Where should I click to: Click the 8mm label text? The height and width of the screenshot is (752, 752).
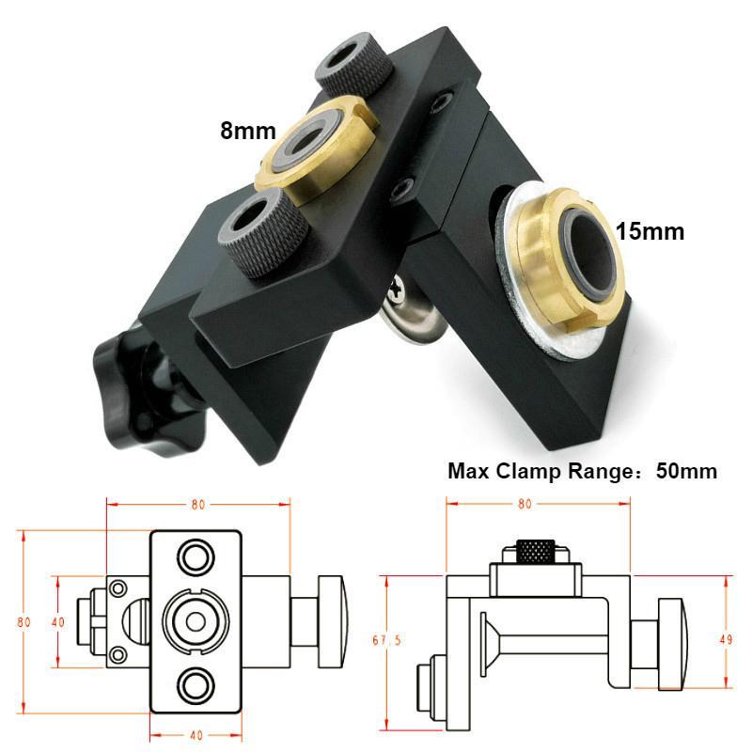[247, 130]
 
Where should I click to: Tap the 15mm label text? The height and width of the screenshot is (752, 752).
[650, 230]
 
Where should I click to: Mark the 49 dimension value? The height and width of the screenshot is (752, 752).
[727, 639]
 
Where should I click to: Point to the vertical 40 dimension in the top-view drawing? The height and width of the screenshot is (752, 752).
[58, 621]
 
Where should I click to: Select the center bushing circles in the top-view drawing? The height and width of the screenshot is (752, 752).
[196, 620]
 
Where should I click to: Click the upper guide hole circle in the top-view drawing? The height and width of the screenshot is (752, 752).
[196, 556]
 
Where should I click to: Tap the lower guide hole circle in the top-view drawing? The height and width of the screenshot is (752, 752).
[196, 684]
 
